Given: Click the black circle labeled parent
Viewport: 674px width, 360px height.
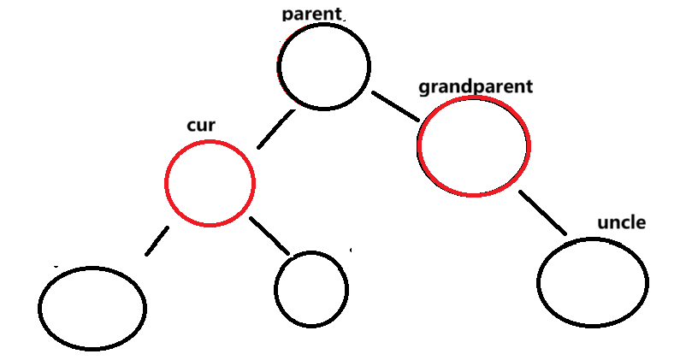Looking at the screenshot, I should [x=323, y=66].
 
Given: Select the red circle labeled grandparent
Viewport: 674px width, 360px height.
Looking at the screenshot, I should [x=474, y=146].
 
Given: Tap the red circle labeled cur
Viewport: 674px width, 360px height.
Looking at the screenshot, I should [x=210, y=181].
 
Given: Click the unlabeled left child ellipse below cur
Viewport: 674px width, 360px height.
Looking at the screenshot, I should [x=92, y=308].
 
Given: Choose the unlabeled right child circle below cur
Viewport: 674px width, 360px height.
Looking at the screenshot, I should [x=311, y=289].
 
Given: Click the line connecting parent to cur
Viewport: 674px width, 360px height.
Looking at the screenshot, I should [x=275, y=131].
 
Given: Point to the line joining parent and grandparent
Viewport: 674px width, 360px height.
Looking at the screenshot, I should [x=394, y=105].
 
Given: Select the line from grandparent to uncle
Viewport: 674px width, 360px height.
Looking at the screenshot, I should [x=542, y=212].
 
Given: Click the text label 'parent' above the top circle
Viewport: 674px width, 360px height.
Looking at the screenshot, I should [x=311, y=15].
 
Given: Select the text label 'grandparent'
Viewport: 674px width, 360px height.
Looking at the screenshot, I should [x=475, y=87].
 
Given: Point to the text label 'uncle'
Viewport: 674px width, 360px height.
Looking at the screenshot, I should [x=621, y=223].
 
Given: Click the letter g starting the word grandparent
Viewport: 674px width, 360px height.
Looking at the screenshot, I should [x=423, y=88].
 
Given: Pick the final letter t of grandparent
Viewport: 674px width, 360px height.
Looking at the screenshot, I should [x=529, y=86].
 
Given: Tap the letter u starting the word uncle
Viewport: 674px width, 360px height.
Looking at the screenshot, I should [x=602, y=224].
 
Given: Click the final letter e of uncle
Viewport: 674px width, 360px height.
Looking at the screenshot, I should [x=641, y=224].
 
